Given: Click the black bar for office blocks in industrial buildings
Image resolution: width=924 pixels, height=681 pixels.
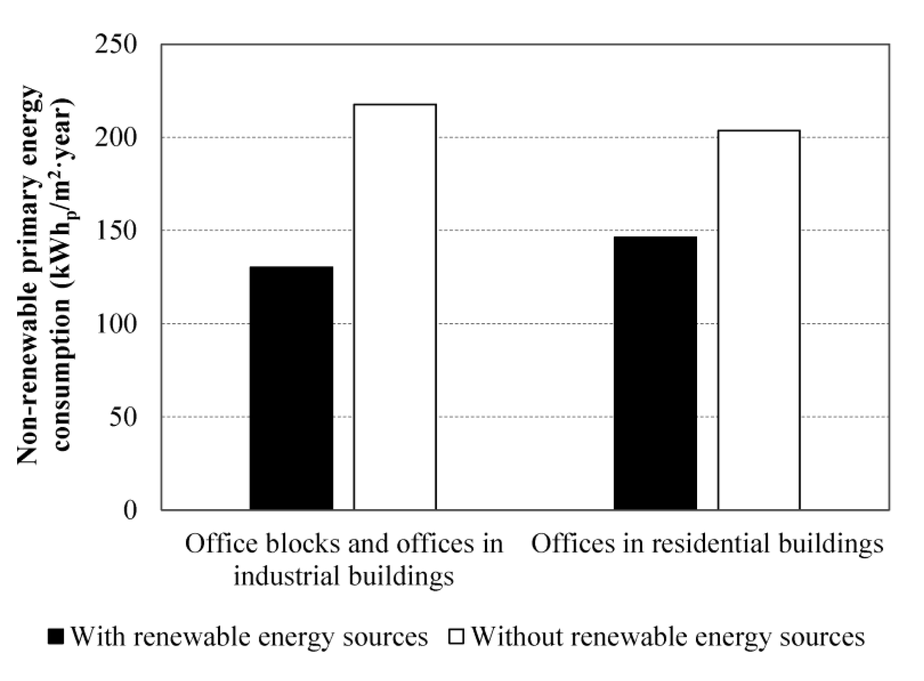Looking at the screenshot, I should (291, 388).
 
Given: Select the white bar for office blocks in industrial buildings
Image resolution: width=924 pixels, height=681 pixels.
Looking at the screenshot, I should (395, 307).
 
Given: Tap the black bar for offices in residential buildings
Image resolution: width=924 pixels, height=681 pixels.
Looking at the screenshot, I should (655, 373).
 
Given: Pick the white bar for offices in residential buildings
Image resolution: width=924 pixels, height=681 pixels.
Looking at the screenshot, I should (759, 320).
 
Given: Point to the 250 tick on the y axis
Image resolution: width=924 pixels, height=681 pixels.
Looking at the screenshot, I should (115, 44).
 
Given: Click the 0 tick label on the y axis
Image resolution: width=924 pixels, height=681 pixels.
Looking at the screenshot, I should (130, 511).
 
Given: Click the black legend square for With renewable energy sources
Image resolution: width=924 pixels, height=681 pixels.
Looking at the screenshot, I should (55, 637).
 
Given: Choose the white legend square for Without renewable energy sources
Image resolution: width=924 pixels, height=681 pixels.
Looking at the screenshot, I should (456, 637).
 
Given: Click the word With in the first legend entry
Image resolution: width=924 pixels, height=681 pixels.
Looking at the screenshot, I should (97, 637).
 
